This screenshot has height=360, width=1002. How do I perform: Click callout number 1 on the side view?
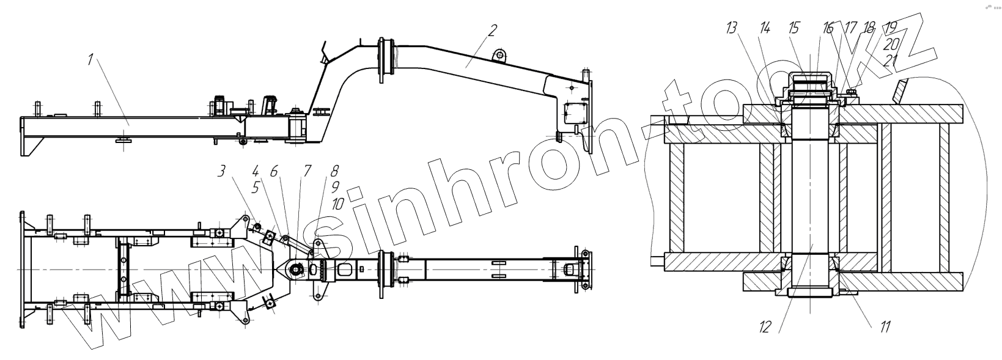click(x=90, y=60)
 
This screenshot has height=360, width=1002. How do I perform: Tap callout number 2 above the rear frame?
click(x=493, y=30)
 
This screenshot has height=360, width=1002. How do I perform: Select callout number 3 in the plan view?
click(x=221, y=172)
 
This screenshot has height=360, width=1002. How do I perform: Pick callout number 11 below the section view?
click(x=884, y=327)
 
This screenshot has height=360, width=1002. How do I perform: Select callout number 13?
click(x=732, y=28)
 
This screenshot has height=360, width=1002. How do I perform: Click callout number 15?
click(x=794, y=28)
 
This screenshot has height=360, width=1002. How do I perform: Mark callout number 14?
click(x=764, y=28)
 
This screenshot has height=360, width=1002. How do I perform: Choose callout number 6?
click(x=274, y=172)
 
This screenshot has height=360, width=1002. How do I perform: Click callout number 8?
click(x=334, y=172)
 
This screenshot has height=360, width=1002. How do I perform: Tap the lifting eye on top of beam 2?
click(x=500, y=56)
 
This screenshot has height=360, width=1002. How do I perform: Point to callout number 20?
click(x=891, y=43)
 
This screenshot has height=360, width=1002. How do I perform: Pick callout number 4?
click(x=255, y=172)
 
